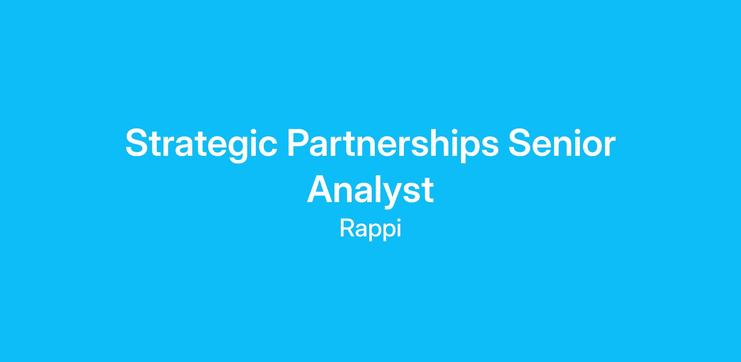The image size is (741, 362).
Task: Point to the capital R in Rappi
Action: coord(347,228)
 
